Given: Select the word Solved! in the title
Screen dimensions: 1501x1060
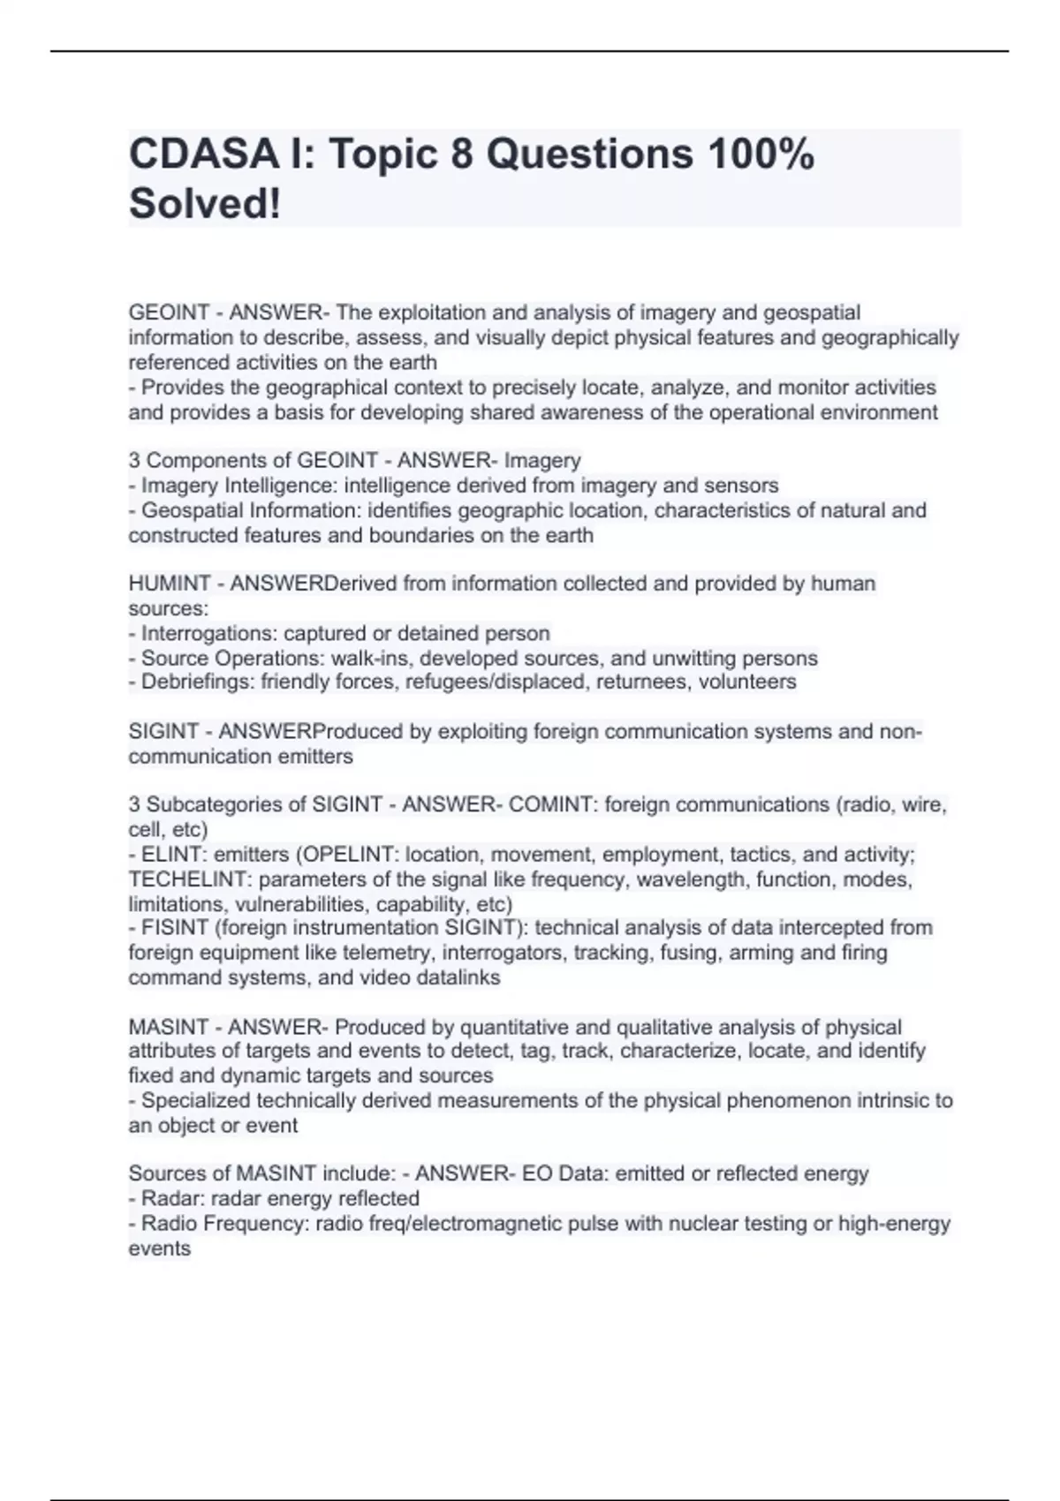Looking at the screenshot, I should click(x=205, y=204).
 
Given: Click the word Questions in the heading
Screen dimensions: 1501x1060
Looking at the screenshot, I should click(x=589, y=155).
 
